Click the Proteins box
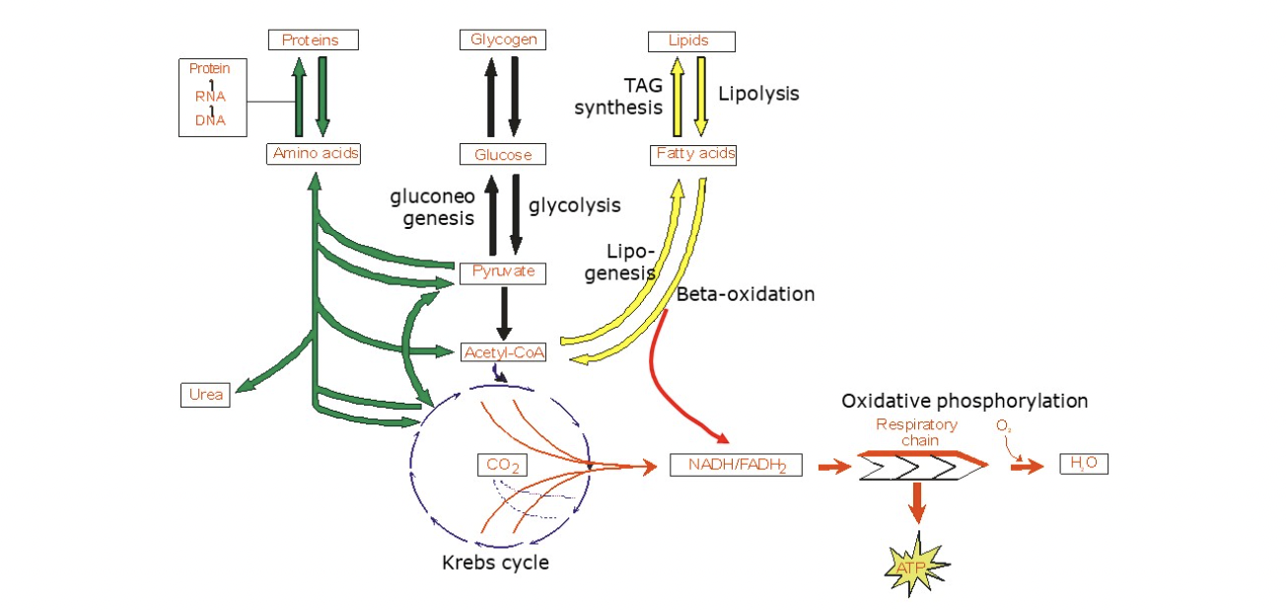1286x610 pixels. click(x=313, y=40)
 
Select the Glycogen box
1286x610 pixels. click(x=503, y=40)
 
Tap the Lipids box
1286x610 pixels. click(x=690, y=40)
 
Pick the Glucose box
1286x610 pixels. click(x=503, y=155)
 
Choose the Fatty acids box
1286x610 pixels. click(x=694, y=154)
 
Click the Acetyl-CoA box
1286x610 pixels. click(x=503, y=352)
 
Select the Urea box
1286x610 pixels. click(x=205, y=396)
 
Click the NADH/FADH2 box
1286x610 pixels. click(x=736, y=465)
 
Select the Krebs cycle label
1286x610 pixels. click(x=495, y=564)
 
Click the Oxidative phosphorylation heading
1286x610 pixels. click(x=964, y=402)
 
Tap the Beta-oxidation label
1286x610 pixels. click(x=746, y=294)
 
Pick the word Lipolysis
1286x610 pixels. click(x=758, y=94)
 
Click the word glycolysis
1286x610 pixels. click(x=575, y=205)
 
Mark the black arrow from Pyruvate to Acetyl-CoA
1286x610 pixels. click(x=503, y=312)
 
